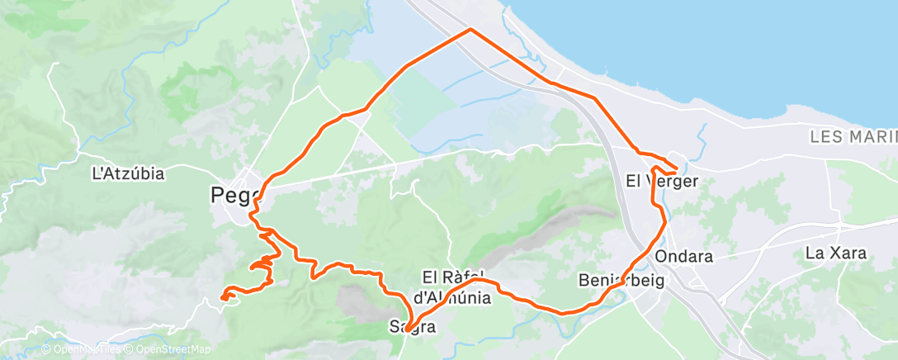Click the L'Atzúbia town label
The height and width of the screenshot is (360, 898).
click(x=128, y=174)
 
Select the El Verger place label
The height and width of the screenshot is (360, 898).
click(x=662, y=182)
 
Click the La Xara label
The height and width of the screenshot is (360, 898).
click(x=835, y=253)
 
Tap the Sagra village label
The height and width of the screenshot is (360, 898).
click(x=412, y=328)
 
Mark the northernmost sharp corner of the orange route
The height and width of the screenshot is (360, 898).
click(x=470, y=30)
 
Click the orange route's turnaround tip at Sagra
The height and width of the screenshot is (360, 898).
click(x=407, y=331)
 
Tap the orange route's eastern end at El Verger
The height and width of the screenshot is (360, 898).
click(x=677, y=170)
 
